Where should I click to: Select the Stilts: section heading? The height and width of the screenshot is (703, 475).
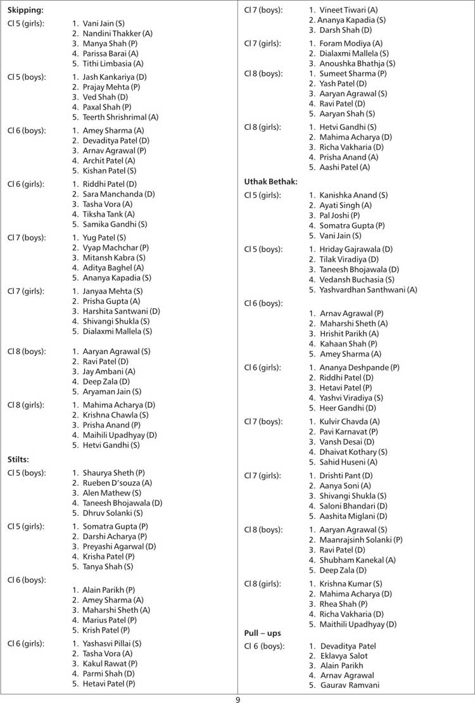click(x=19, y=459)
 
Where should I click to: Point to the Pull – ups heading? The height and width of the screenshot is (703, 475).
click(x=262, y=633)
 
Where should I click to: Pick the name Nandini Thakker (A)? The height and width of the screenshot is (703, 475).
click(x=117, y=33)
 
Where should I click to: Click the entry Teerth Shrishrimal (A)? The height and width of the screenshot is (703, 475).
click(x=120, y=117)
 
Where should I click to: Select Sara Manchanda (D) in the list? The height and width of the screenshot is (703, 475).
click(x=118, y=194)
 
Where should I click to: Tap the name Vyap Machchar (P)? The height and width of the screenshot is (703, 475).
click(x=115, y=248)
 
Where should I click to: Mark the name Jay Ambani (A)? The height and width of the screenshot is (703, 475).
click(x=109, y=371)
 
